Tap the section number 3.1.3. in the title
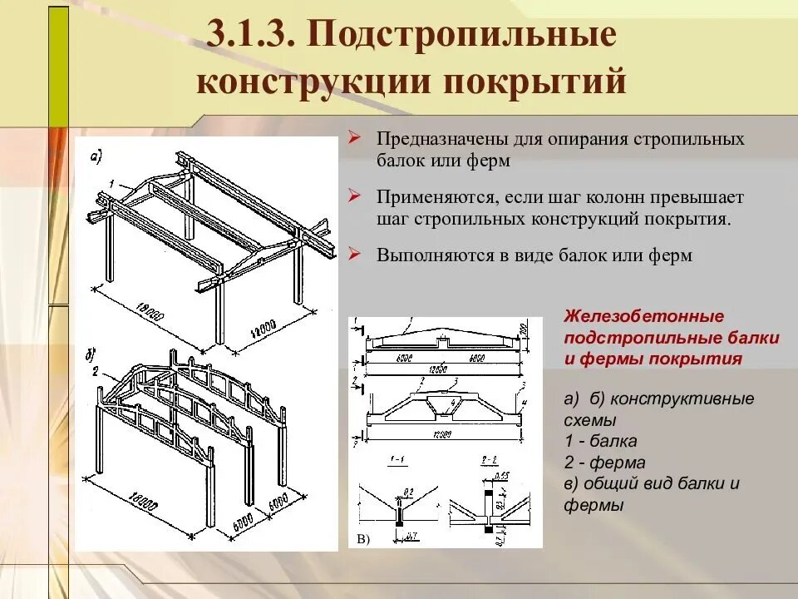tap(250, 37)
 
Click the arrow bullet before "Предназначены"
tap(354, 138)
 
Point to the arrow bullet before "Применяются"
tap(354, 197)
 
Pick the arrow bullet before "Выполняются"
tap(354, 255)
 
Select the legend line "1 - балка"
tap(601, 442)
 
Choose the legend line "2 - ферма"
tap(604, 463)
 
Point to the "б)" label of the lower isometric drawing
tap(91, 356)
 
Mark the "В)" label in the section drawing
tap(363, 540)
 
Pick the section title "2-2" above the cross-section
tap(490, 460)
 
